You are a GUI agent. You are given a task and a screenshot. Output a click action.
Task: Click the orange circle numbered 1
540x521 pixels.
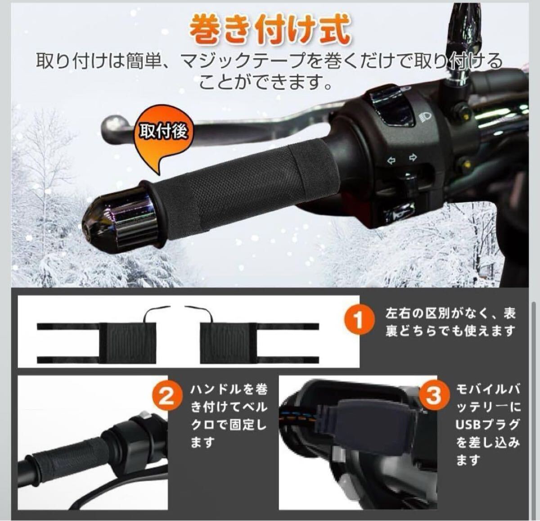(x=359, y=320)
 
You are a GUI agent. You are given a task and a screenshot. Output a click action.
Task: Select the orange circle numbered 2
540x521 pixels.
(x=167, y=396)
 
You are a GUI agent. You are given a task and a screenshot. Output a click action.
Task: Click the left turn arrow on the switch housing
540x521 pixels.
(x=391, y=160)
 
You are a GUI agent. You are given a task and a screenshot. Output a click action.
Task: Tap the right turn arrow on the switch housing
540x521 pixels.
(x=413, y=157)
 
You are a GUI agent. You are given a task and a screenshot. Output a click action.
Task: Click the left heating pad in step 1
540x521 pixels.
(x=128, y=343)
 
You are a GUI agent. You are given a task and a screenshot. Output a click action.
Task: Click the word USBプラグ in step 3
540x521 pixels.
(x=487, y=424)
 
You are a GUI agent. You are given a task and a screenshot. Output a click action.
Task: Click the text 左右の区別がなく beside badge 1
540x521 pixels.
(x=436, y=314)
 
